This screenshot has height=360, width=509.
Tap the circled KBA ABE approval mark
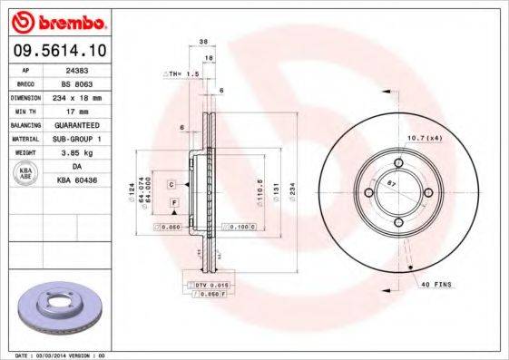[26, 173]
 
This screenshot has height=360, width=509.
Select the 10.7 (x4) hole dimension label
[422, 137]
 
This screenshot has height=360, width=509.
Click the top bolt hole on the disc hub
[396, 162]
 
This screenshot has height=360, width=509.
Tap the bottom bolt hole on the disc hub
[396, 223]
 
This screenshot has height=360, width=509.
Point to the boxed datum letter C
[171, 184]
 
